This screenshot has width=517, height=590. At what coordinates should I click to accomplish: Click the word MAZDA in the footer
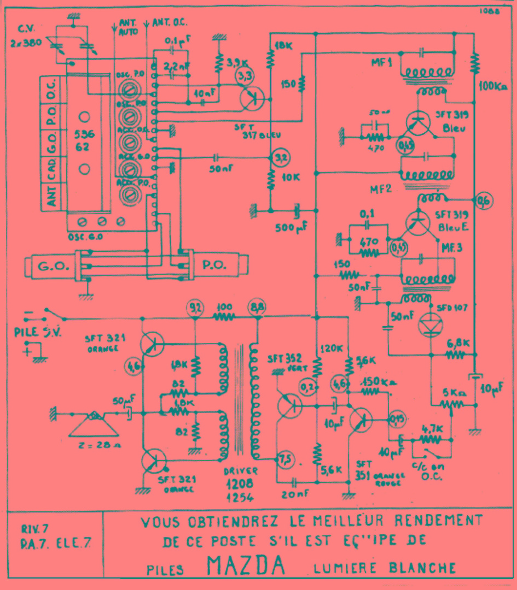click(x=246, y=566)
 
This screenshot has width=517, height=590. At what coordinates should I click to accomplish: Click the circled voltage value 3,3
click(x=245, y=75)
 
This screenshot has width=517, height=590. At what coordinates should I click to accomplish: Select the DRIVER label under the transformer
click(x=241, y=472)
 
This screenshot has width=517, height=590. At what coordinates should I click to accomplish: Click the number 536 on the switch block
click(x=85, y=134)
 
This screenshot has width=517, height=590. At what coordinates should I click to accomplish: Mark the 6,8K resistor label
click(x=458, y=343)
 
